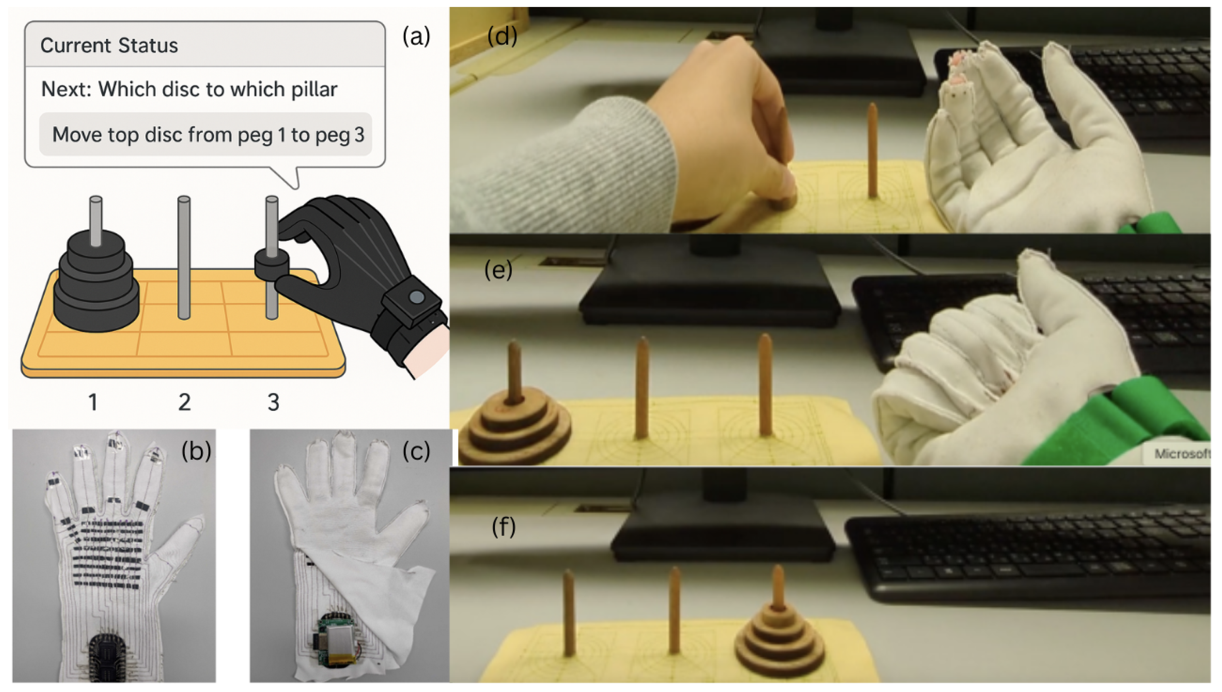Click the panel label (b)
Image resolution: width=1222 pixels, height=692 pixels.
click(x=196, y=451)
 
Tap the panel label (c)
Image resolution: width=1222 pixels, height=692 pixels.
click(x=416, y=451)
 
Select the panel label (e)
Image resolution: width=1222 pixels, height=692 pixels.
click(x=498, y=270)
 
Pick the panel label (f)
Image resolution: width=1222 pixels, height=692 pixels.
click(x=503, y=527)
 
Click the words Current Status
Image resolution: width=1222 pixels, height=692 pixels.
click(x=109, y=46)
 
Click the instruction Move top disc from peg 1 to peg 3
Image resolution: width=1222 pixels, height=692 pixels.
click(x=208, y=134)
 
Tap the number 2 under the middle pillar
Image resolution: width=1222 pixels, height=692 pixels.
click(x=184, y=403)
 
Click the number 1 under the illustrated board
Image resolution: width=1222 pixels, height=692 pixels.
click(x=93, y=403)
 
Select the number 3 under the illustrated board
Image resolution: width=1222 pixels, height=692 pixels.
click(x=273, y=403)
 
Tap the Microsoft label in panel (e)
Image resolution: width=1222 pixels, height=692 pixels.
click(x=1181, y=454)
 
